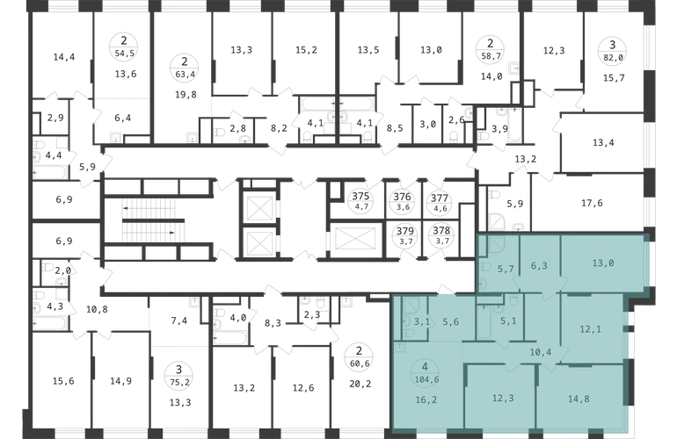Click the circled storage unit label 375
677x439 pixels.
360,201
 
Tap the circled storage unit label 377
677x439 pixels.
440,203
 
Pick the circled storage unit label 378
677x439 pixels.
441,235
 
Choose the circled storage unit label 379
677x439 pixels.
405,236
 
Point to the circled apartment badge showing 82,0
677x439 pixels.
612,51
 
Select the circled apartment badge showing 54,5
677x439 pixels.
124,47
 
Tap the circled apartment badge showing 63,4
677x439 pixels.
185,68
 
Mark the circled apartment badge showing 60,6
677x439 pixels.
359,357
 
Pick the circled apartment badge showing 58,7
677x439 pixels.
490,50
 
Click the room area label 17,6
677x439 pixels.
592,203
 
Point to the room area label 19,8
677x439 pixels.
186,95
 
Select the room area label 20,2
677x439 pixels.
360,384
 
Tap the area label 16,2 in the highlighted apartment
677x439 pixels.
426,399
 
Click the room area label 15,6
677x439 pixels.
63,381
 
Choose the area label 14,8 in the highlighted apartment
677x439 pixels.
579,399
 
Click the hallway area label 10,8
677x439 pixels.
97,309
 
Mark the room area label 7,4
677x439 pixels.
178,320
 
